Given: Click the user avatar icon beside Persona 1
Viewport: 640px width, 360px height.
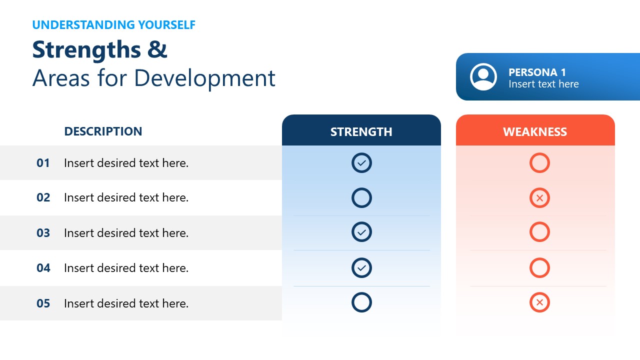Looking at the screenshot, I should point(483,77).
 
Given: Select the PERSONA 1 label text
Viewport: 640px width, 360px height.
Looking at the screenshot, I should point(537,72).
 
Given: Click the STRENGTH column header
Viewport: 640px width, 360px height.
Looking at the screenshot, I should point(361,131).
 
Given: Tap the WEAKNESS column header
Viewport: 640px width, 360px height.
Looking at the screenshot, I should point(535,131).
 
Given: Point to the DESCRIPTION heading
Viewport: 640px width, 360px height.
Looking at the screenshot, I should point(103,131).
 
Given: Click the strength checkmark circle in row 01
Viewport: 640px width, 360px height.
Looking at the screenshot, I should point(361,163).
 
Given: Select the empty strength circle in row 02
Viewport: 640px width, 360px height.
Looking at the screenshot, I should point(361,198).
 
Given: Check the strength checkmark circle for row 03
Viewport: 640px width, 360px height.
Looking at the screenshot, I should point(361,232).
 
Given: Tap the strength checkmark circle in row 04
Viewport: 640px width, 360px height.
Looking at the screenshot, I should point(361,268).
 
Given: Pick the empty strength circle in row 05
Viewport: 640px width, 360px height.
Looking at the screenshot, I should point(361,302).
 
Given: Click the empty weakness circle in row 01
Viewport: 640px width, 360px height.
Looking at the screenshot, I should point(539,163).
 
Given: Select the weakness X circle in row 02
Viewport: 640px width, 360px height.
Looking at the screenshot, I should point(539,198).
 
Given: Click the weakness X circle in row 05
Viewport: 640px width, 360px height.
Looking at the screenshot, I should point(539,302).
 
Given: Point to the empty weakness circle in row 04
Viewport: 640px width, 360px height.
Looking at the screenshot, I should point(539,268).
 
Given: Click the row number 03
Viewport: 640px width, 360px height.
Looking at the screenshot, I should point(43,233).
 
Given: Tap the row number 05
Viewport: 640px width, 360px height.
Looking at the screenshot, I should point(43,303).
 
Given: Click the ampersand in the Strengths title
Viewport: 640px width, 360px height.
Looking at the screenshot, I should point(157,50).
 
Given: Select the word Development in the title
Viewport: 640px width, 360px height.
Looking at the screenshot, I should point(204,78).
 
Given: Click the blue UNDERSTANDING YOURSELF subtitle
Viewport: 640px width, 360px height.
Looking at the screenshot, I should point(113,24).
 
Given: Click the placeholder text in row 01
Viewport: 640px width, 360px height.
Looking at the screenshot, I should point(126,163).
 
